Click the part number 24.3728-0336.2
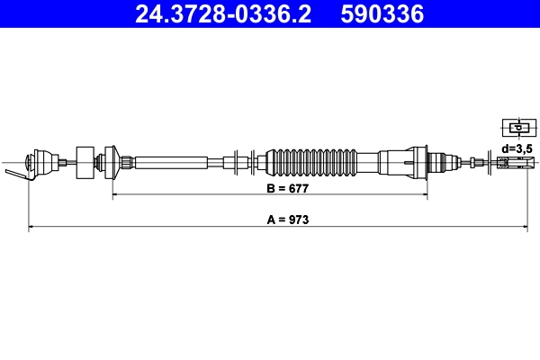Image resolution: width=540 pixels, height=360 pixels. tap(222, 14)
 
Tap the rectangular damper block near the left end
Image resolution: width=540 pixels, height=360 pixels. tap(86, 162)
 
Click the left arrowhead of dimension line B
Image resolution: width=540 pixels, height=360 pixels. tap(113, 194)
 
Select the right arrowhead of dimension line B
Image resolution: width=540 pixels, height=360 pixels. tap(422, 194)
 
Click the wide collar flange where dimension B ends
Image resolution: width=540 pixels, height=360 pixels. tap(417, 162)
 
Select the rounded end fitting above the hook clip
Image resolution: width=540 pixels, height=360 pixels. tap(38, 162)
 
